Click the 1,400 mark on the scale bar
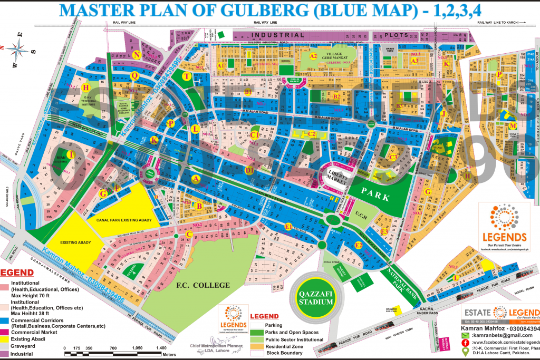pos(161,349)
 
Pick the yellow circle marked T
pos(186,76)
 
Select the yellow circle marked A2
pos(313,56)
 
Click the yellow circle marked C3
pos(393,157)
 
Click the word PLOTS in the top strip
pos(389,35)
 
